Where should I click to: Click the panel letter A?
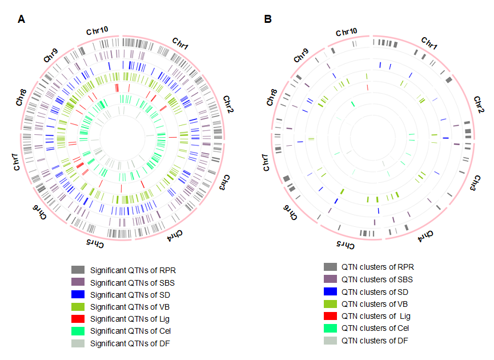point(22,19)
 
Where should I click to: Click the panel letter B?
point(268,19)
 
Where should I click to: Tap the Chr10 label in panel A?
point(98,31)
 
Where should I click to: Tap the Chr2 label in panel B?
point(479,107)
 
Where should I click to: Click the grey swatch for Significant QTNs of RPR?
point(78,270)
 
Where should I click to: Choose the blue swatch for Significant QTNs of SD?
point(78,294)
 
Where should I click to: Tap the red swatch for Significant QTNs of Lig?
point(78,319)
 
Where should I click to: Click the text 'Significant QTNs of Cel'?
point(130,331)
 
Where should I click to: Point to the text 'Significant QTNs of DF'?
point(130,343)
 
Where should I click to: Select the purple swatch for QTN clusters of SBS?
point(330,279)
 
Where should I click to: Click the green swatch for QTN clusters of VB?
point(330,304)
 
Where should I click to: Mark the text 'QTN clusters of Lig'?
point(376,316)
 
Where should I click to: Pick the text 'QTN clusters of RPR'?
point(377,267)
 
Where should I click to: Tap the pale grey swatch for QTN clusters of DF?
point(330,341)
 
